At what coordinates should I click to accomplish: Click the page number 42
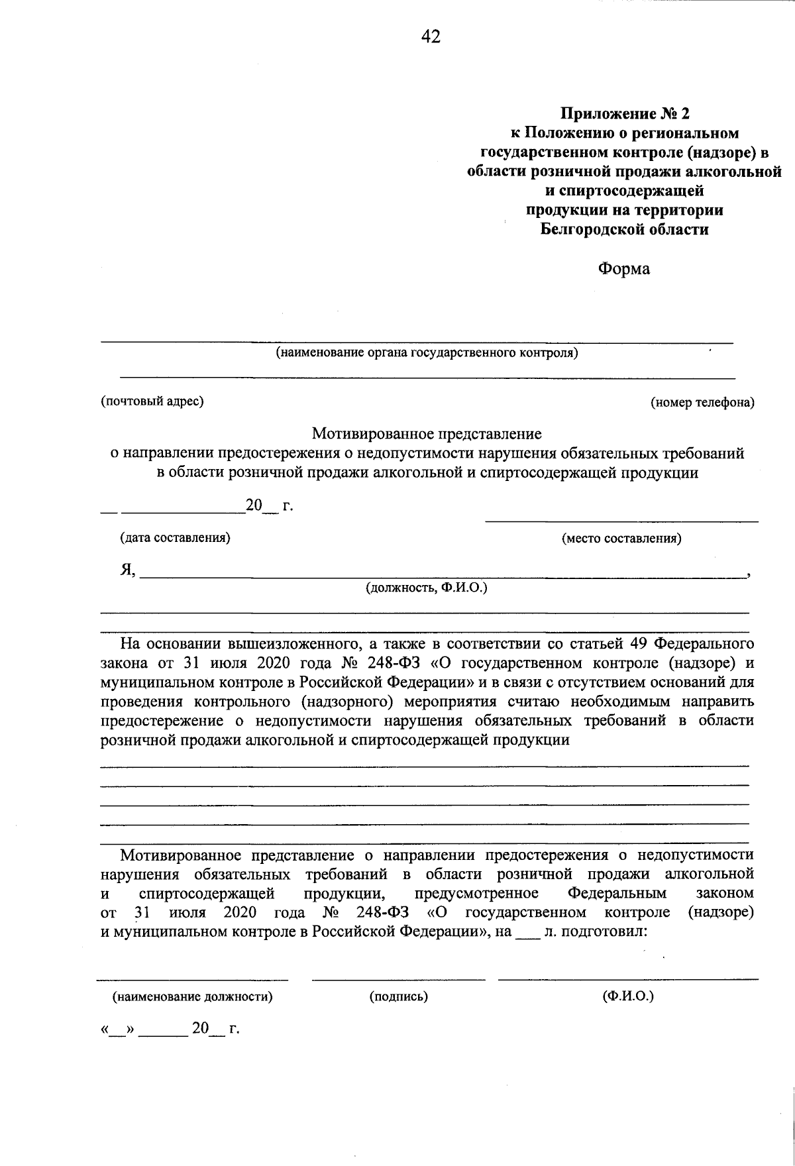coord(431,36)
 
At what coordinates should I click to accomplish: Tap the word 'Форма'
coord(624,269)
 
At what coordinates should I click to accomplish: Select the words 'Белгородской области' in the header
coord(624,230)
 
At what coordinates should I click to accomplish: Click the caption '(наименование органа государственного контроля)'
coord(427,353)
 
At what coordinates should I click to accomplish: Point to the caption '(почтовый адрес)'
coord(152,401)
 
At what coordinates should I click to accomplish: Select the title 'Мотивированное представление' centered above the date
coord(427,434)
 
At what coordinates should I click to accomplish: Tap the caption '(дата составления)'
coord(175,538)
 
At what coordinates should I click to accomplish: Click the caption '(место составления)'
coord(621,539)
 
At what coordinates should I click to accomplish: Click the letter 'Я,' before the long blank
coord(128,570)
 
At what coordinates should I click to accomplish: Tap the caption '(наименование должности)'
coord(192,996)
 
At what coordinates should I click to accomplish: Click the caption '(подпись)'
coord(398,996)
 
